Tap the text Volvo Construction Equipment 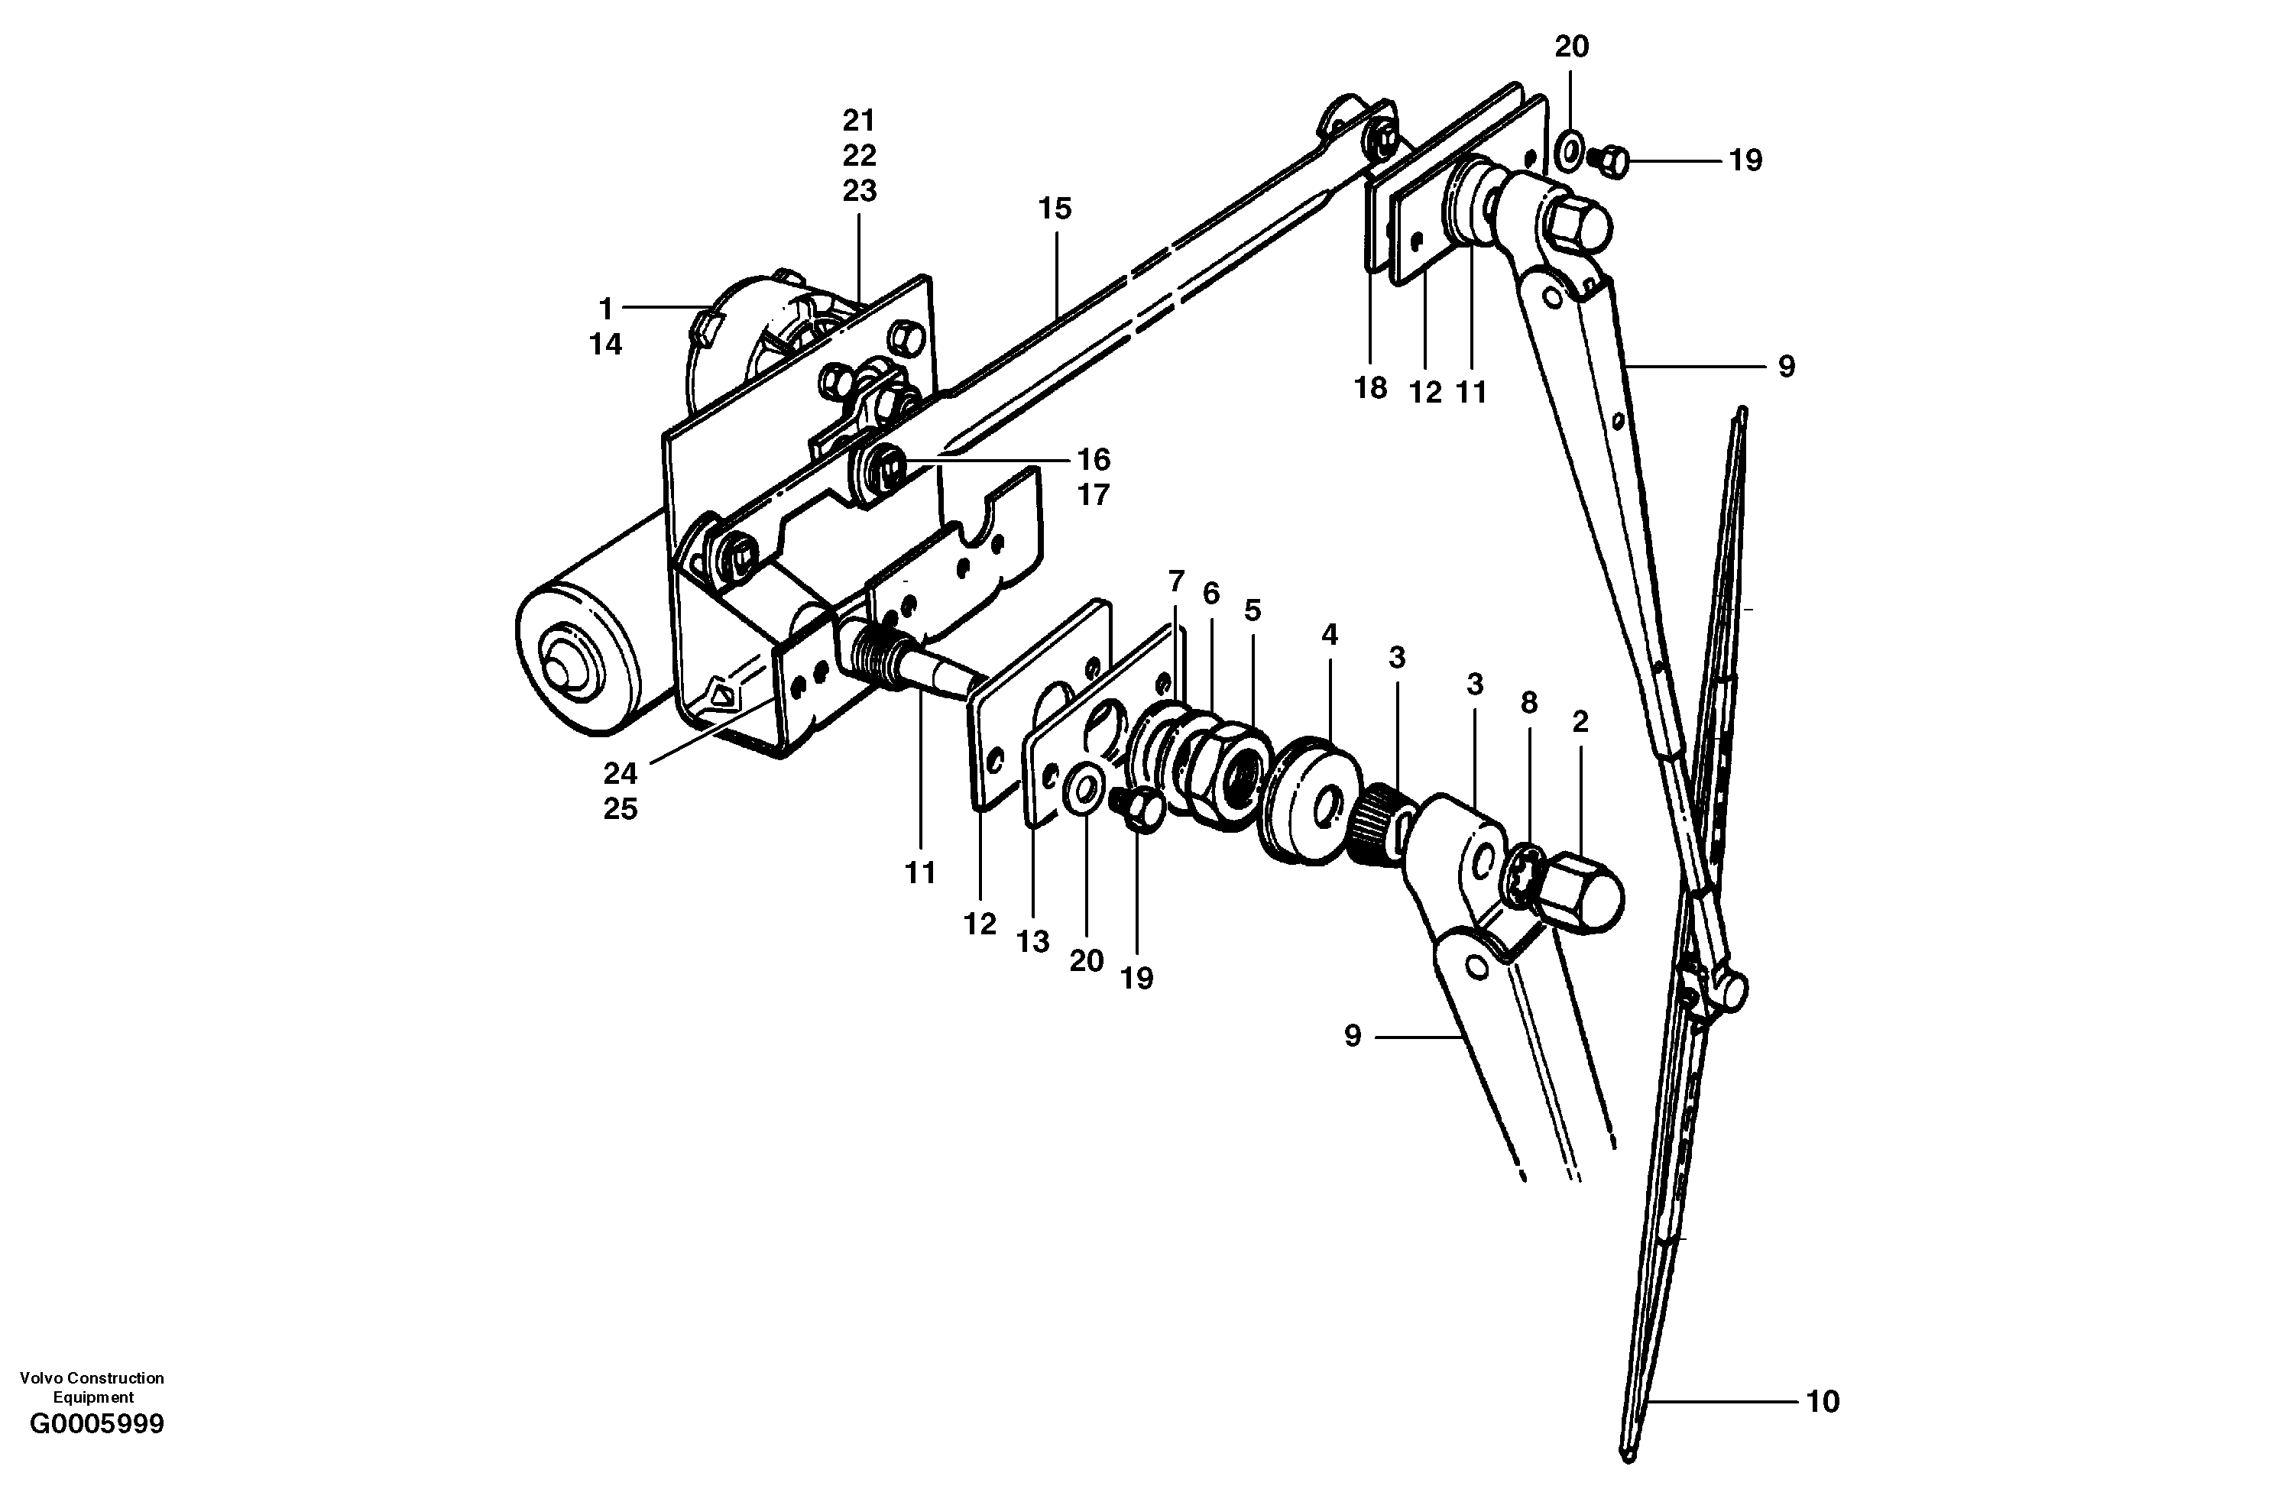(92, 1387)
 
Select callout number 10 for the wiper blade (1822, 1401)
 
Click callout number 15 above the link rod (1055, 209)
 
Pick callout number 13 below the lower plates (1032, 941)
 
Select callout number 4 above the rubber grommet (1329, 635)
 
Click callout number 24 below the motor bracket (620, 773)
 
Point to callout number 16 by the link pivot (1094, 460)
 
